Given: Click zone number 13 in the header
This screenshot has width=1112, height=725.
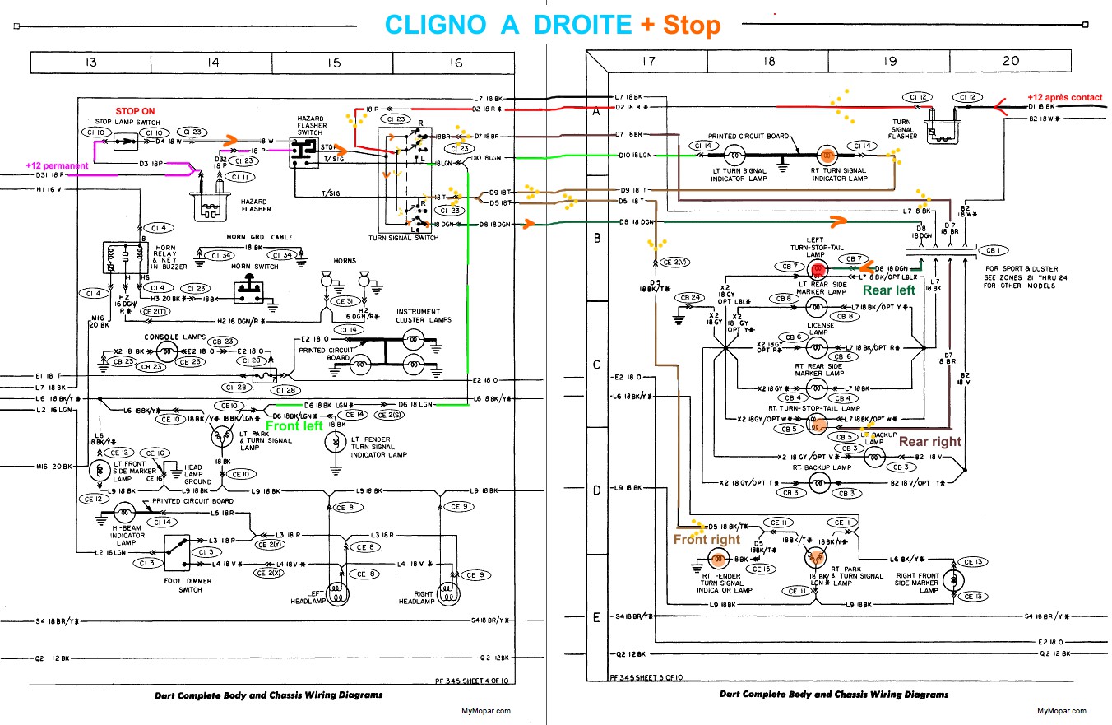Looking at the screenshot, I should click(90, 63).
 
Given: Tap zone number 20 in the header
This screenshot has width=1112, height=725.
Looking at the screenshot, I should click(1011, 61).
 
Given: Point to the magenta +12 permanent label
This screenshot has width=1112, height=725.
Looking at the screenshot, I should click(57, 166).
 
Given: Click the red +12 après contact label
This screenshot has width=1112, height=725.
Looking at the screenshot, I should click(1064, 97).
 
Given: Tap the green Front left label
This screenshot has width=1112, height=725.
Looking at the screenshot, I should click(294, 426).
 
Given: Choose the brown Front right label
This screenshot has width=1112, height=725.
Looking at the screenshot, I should click(707, 540).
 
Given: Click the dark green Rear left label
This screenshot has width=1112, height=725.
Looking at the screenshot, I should click(888, 290).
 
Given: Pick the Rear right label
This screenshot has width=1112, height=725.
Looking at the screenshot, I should click(929, 441).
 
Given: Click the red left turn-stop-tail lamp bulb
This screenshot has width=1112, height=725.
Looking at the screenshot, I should click(818, 269).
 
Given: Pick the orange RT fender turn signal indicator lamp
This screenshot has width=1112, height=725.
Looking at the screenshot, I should click(716, 559).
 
